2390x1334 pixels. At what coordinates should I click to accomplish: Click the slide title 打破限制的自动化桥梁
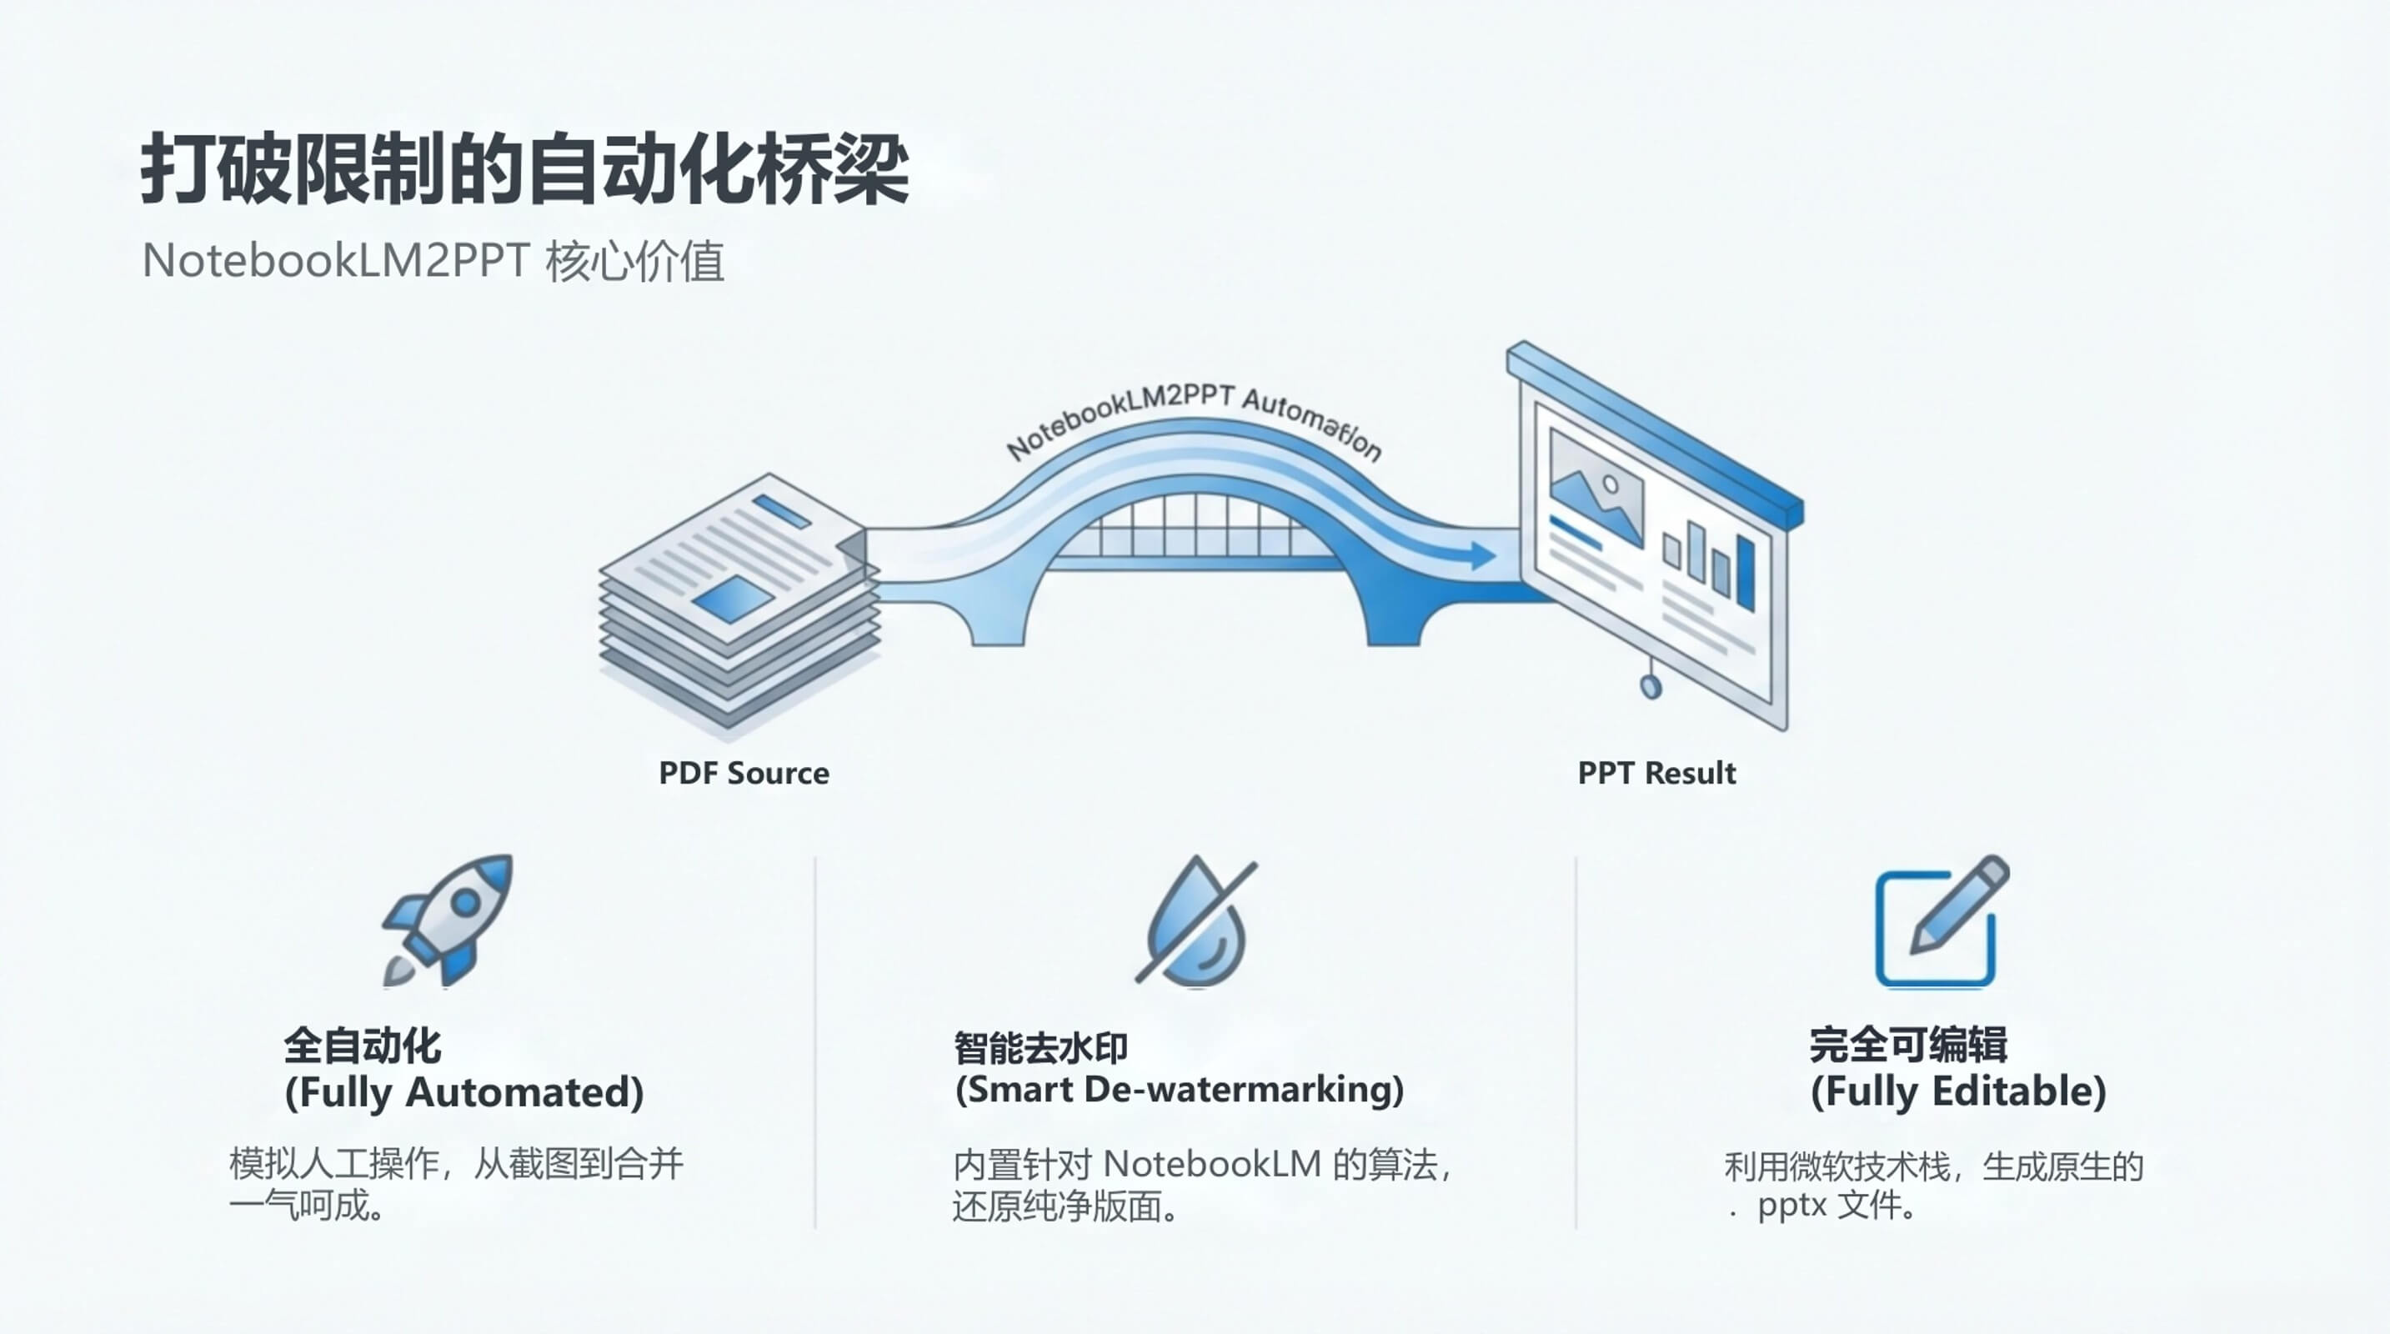(524, 169)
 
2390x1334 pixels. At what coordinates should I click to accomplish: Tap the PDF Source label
(743, 773)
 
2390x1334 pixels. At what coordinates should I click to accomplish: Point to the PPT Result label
(1656, 773)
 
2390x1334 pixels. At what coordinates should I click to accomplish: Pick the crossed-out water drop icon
(1196, 921)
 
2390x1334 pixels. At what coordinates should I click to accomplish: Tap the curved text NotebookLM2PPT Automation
(1194, 419)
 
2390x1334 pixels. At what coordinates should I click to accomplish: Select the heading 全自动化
(363, 1046)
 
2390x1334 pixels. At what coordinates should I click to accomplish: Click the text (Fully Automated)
(463, 1092)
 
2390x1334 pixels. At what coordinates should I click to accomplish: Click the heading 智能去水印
(1041, 1048)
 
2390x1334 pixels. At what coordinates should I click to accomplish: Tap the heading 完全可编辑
(1908, 1046)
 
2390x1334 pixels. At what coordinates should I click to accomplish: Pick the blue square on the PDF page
(733, 599)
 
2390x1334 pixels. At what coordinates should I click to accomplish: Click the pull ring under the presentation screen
(1651, 686)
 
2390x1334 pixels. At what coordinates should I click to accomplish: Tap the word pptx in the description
(1791, 1206)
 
